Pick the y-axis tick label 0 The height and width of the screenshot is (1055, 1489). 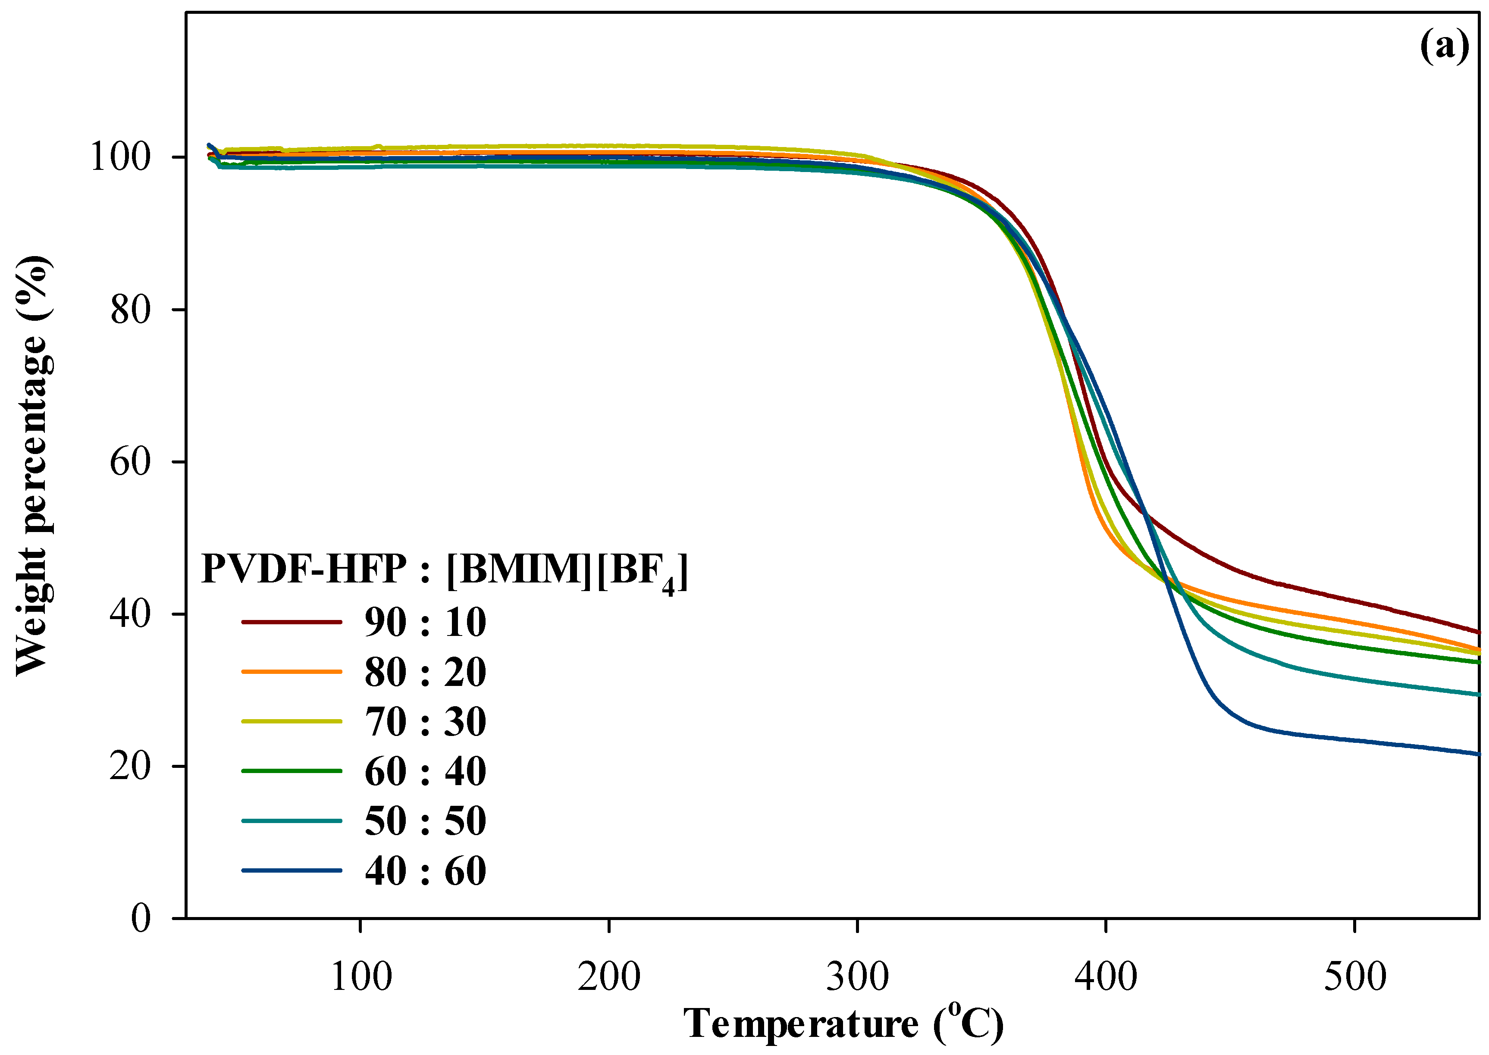pos(141,918)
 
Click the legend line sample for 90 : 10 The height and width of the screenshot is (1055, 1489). pos(291,622)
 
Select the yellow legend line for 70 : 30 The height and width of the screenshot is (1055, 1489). pos(291,721)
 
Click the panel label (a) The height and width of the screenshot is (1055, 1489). pos(1444,47)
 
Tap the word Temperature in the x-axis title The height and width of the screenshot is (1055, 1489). pos(800,1024)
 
